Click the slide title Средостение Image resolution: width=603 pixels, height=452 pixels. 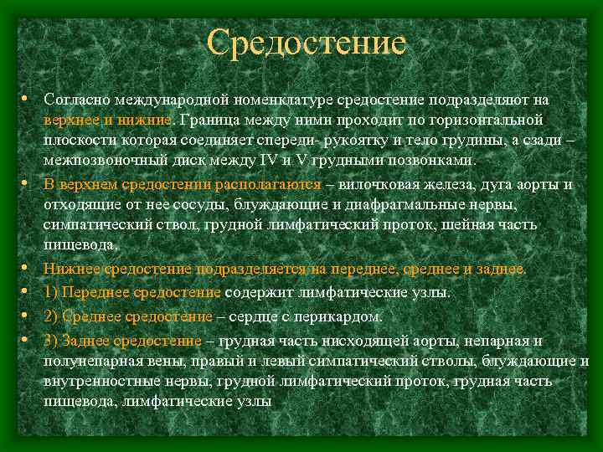(x=307, y=43)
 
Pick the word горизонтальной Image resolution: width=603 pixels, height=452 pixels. (x=487, y=120)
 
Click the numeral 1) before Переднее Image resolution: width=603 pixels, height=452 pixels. (x=52, y=293)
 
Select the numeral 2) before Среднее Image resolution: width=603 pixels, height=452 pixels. (x=52, y=316)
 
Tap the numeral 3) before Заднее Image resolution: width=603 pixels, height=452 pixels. (x=52, y=341)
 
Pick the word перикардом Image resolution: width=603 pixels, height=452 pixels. (x=343, y=316)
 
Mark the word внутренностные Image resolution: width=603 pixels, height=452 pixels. (x=100, y=381)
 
